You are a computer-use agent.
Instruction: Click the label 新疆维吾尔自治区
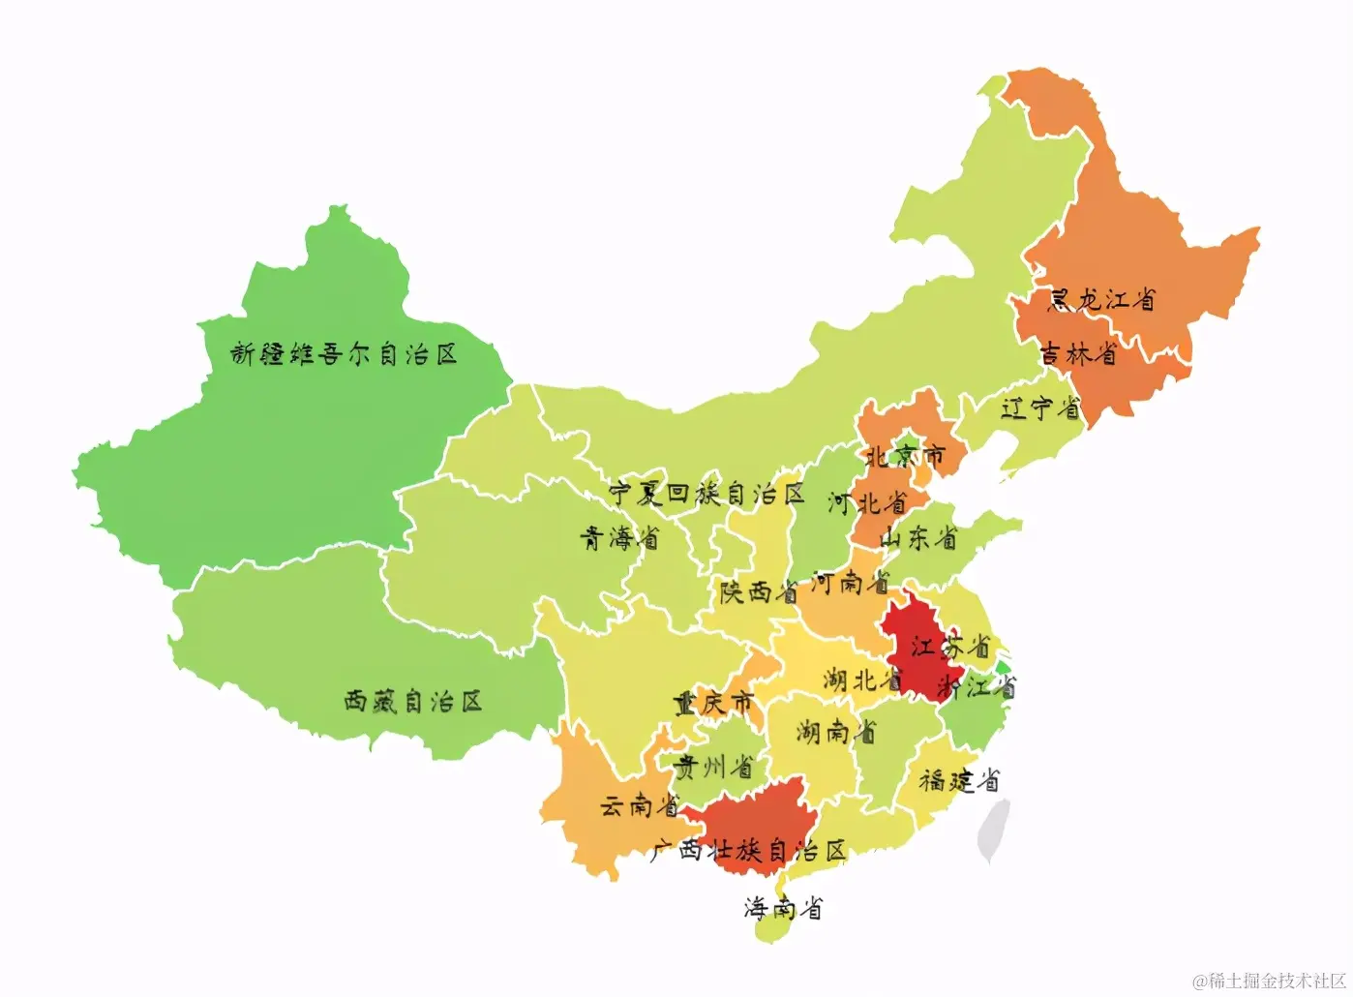(x=344, y=354)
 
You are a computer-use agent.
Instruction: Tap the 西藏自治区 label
(x=413, y=701)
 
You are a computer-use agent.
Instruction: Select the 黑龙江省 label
(x=1101, y=299)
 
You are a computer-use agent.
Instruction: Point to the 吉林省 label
(x=1077, y=353)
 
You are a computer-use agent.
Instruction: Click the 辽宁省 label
(x=1040, y=408)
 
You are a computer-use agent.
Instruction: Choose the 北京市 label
(x=904, y=455)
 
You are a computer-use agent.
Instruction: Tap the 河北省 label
(x=867, y=502)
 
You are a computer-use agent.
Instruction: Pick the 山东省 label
(x=917, y=537)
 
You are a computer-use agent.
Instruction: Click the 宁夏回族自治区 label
(x=707, y=494)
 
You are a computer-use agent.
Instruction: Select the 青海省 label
(x=619, y=537)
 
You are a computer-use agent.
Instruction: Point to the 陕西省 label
(x=759, y=590)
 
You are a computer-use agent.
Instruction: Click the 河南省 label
(x=850, y=582)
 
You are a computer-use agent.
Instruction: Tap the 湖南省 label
(x=836, y=731)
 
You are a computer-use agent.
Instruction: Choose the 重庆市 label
(x=714, y=703)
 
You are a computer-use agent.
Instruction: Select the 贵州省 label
(x=714, y=767)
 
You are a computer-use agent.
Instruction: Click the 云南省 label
(x=640, y=804)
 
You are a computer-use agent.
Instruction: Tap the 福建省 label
(x=958, y=779)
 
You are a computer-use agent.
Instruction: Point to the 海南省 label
(x=783, y=907)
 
